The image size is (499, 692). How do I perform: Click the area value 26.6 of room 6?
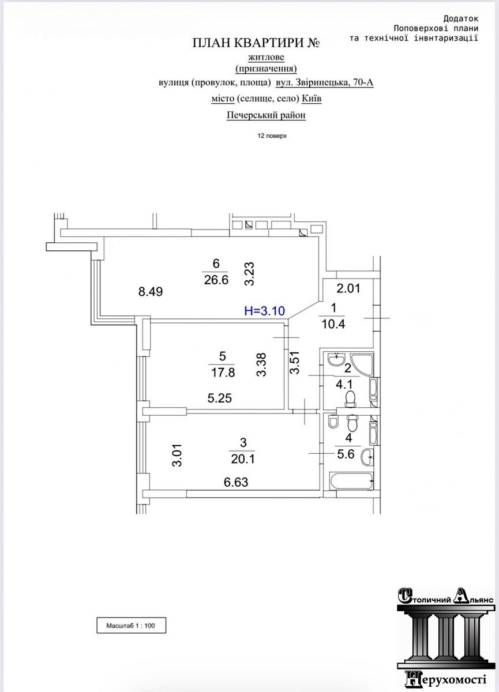(216, 280)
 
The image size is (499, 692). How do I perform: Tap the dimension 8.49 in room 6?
(151, 291)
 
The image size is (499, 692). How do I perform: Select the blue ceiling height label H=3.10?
(264, 311)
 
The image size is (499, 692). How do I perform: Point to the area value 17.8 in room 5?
(223, 373)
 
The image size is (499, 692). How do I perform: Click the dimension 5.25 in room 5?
(219, 398)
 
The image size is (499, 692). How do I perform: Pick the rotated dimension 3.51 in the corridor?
(295, 362)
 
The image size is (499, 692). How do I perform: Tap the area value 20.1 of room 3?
(243, 459)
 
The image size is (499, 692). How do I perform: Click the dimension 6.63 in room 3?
(236, 482)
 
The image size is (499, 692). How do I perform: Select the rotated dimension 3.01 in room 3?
(177, 455)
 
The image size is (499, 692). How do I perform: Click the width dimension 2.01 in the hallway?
(348, 288)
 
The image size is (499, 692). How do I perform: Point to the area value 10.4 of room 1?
(333, 324)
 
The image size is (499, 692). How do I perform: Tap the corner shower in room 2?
(363, 364)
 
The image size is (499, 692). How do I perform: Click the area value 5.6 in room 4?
(346, 454)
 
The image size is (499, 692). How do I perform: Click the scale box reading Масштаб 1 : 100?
(132, 626)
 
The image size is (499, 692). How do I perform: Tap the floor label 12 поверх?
(272, 136)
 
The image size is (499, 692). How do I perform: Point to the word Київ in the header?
(312, 99)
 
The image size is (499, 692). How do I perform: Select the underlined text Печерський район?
(266, 115)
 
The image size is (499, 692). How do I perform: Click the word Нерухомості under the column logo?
(445, 679)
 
